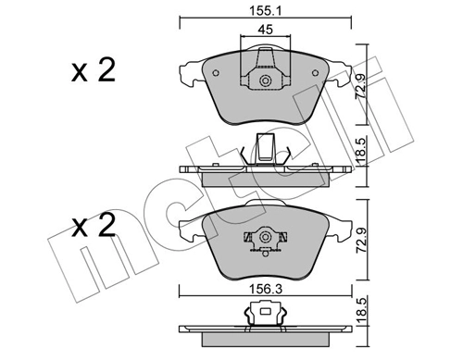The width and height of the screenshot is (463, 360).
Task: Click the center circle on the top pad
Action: (265, 82)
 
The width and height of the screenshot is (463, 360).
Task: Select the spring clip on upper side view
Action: (265, 150)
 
